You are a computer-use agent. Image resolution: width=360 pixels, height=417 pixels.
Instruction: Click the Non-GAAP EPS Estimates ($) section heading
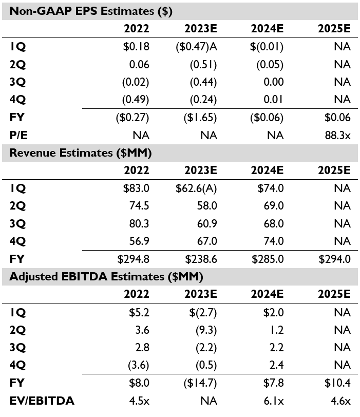pyautogui.click(x=91, y=11)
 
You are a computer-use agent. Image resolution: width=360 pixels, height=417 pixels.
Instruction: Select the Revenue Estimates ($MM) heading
pyautogui.click(x=81, y=153)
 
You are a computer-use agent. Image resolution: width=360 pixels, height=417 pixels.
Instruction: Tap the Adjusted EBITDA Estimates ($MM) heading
pyautogui.click(x=106, y=277)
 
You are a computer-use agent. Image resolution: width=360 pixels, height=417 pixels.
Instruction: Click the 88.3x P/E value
pyautogui.click(x=337, y=136)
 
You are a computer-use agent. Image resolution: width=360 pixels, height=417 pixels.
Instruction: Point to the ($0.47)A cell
pyautogui.click(x=196, y=47)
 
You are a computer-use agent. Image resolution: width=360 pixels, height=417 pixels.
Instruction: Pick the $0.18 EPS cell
pyautogui.click(x=136, y=47)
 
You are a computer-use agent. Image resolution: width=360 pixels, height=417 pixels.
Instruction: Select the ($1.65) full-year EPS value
pyautogui.click(x=200, y=118)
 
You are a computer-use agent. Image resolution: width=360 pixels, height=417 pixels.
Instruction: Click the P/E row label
pyautogui.click(x=18, y=136)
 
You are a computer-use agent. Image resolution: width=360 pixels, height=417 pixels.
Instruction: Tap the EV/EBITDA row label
pyautogui.click(x=42, y=401)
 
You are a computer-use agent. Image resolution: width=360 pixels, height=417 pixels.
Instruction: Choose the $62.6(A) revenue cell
pyautogui.click(x=196, y=188)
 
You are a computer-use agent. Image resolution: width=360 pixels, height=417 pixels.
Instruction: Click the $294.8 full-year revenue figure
pyautogui.click(x=133, y=259)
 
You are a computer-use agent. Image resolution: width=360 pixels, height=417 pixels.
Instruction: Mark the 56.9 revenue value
pyautogui.click(x=139, y=241)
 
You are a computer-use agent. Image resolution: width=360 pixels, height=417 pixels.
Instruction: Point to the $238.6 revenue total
pyautogui.click(x=201, y=259)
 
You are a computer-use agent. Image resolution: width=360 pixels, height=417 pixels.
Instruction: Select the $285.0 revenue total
pyautogui.click(x=268, y=259)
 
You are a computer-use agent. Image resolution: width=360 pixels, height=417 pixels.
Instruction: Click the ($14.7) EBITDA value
pyautogui.click(x=200, y=383)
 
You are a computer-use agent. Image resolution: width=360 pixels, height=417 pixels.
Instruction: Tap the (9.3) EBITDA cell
pyautogui.click(x=206, y=330)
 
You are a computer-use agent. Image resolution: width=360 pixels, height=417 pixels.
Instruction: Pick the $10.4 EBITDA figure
pyautogui.click(x=337, y=383)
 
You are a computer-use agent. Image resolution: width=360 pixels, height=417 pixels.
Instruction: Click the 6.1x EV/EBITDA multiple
pyautogui.click(x=274, y=401)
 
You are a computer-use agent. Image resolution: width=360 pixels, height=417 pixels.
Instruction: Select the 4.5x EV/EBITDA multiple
pyautogui.click(x=139, y=401)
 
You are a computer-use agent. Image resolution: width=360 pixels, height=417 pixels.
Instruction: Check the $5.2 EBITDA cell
pyautogui.click(x=139, y=312)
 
